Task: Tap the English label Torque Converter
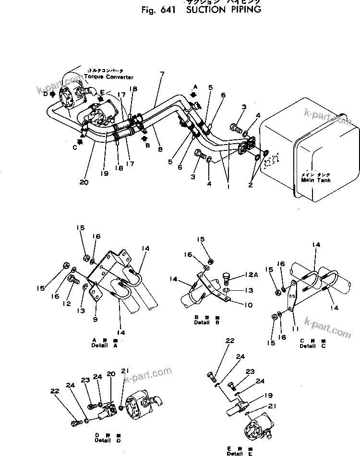109,77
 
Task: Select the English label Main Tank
314,180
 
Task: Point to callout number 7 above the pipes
162,74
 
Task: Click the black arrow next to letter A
194,95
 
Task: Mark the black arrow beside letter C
80,128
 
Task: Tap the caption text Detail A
105,345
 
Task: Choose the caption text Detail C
307,345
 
